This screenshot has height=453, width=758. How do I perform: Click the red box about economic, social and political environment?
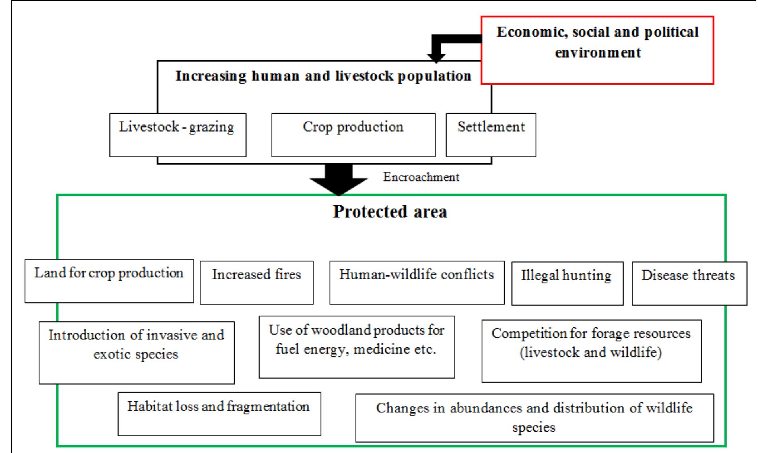coord(597,50)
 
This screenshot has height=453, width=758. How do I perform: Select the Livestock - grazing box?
coord(177,135)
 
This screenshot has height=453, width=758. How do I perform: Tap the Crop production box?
coord(353,135)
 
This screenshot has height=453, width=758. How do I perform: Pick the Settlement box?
coord(491,135)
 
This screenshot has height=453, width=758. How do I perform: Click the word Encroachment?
coord(421,177)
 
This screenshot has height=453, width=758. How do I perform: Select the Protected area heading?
coord(390,211)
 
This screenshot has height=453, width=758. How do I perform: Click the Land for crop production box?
coord(109,281)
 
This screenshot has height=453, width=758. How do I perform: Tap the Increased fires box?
coord(257,283)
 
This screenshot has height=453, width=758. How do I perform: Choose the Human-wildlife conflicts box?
coord(417,283)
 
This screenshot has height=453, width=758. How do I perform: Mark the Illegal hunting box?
coord(567,283)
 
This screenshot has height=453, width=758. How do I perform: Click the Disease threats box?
coord(689,283)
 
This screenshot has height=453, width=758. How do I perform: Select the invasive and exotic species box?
coord(136,352)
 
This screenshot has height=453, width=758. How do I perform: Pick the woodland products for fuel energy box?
coord(356,347)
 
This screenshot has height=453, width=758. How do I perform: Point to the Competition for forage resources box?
coord(591,351)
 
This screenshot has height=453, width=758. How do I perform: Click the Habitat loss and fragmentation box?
coord(219,414)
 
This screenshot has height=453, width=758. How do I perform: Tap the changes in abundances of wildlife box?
coord(534,418)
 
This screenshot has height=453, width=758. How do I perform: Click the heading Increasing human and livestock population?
coord(323,76)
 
